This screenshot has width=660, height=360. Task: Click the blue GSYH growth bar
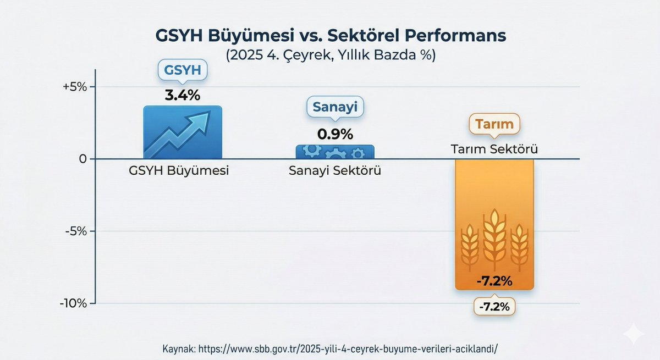pyautogui.click(x=183, y=132)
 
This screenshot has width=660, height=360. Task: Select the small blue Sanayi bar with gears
pyautogui.click(x=335, y=152)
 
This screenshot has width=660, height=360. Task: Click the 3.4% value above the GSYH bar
pyautogui.click(x=183, y=95)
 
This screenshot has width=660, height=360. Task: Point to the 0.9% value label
pyautogui.click(x=335, y=134)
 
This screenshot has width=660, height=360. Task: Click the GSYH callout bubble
pyautogui.click(x=182, y=70)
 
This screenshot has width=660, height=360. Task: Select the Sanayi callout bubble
pyautogui.click(x=335, y=107)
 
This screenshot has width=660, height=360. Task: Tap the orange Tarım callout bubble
pyautogui.click(x=494, y=124)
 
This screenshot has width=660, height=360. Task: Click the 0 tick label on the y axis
pyautogui.click(x=84, y=159)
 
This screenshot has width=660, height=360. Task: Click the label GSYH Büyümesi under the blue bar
pyautogui.click(x=179, y=170)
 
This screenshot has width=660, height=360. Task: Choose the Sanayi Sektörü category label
pyautogui.click(x=335, y=170)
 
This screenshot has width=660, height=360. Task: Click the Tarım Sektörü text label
pyautogui.click(x=494, y=149)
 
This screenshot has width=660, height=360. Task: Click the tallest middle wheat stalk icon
pyautogui.click(x=494, y=239)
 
